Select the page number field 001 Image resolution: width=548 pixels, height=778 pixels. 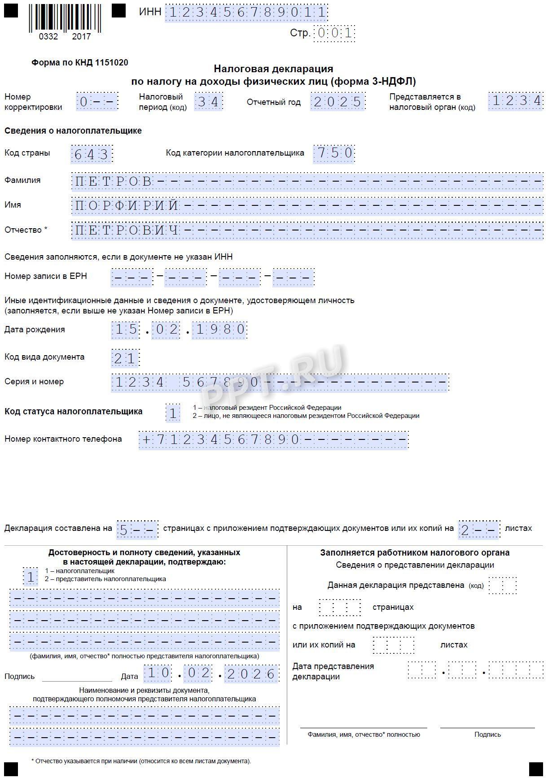click(x=334, y=33)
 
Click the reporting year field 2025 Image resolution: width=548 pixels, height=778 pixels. click(x=338, y=102)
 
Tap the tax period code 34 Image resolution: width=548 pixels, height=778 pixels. click(x=208, y=102)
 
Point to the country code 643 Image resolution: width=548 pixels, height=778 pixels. click(x=92, y=155)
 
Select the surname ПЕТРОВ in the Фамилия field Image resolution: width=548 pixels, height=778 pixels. click(x=113, y=182)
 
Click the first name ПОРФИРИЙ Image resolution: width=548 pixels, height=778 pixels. click(x=127, y=206)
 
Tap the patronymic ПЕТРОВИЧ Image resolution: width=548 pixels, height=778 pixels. click(x=127, y=231)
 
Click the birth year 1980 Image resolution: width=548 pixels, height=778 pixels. click(x=219, y=330)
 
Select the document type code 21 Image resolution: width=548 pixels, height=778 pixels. click(x=125, y=358)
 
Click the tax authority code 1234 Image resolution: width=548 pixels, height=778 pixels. click(x=516, y=101)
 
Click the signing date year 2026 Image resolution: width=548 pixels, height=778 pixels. click(x=251, y=674)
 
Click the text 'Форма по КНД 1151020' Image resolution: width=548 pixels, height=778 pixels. click(x=80, y=63)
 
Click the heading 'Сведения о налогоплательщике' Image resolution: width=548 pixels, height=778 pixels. click(x=73, y=131)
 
